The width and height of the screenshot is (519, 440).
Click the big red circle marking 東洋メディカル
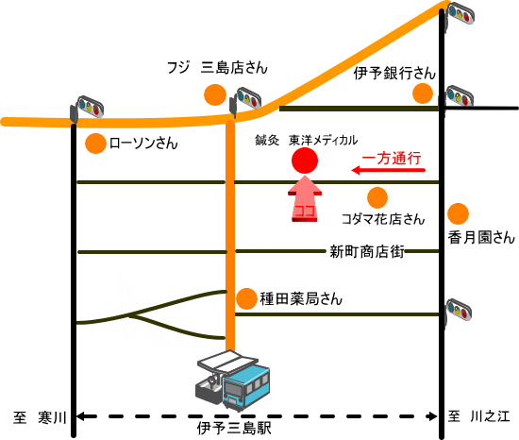(305, 161)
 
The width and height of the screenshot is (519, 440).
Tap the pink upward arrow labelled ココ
(305, 198)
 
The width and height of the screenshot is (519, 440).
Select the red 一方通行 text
(392, 159)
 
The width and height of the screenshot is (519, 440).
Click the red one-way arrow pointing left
(388, 170)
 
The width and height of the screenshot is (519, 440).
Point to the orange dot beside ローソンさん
(95, 144)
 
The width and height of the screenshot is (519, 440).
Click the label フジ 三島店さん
(217, 68)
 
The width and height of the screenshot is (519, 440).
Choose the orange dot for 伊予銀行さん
(423, 93)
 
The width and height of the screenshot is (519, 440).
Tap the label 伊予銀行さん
(394, 73)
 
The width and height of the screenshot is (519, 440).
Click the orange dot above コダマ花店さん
(377, 197)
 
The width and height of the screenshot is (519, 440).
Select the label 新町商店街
(367, 251)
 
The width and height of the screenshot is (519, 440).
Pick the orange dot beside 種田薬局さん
(246, 298)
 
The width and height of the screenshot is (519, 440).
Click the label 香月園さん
(481, 238)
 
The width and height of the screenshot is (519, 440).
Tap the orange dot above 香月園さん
(458, 214)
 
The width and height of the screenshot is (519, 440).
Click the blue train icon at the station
(246, 387)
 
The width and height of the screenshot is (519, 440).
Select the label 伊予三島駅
(234, 428)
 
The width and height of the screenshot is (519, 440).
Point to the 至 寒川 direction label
(40, 417)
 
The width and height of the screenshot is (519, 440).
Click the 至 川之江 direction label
(479, 416)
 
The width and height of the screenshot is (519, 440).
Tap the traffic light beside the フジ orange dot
(245, 100)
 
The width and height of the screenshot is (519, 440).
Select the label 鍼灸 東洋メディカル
(306, 140)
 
